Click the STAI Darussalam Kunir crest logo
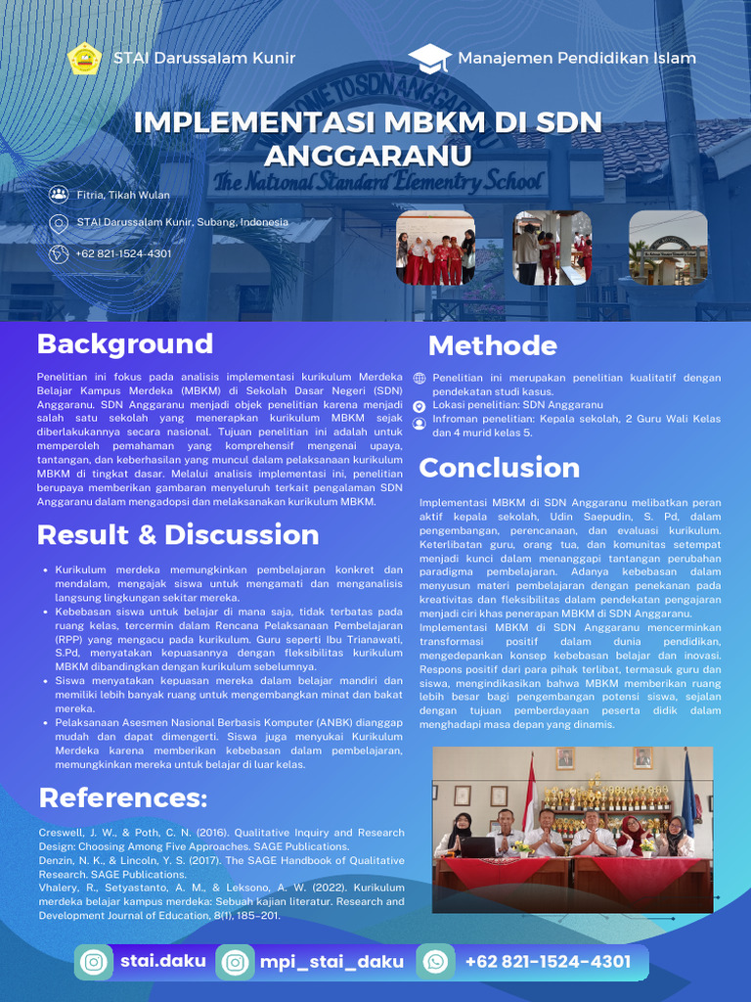pos(84,58)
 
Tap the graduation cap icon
pos(428,59)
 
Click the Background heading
pos(124,343)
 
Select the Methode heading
pos(492,345)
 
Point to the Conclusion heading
pos(499,468)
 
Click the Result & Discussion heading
pos(178,534)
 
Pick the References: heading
pos(123,798)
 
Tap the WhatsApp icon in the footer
pos(435,963)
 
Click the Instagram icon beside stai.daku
pos(95,963)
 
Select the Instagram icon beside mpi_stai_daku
pos(235,963)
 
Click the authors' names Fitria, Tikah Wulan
pos(123,195)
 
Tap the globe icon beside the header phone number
pos(59,253)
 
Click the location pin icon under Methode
pos(420,405)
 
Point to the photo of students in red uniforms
pos(435,248)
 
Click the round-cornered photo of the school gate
pos(668,248)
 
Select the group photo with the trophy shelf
pos(572,829)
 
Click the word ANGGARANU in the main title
pos(368,157)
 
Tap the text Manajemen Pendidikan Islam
pos(577,58)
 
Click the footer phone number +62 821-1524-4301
pos(548,962)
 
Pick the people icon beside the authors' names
pos(59,195)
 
